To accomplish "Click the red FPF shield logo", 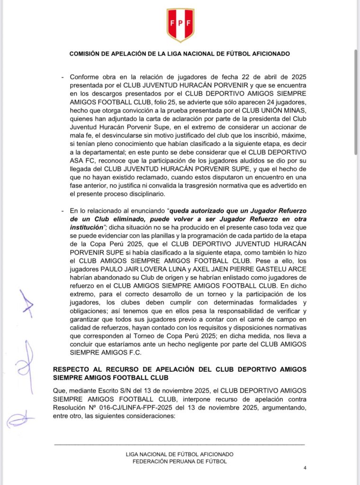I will click(x=180, y=25).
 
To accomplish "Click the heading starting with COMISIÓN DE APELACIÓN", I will click(x=180, y=54).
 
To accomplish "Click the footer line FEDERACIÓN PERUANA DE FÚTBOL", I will click(x=180, y=461).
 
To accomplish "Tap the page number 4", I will click(x=305, y=468).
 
